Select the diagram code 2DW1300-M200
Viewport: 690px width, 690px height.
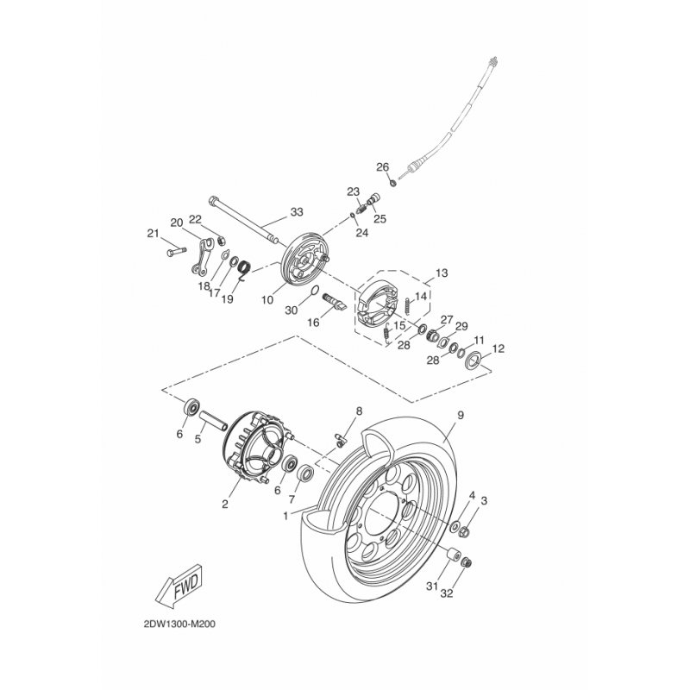(179, 624)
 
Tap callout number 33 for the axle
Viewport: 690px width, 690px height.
(297, 212)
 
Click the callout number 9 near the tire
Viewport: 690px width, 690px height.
(461, 415)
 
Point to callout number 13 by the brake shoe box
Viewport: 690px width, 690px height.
(442, 273)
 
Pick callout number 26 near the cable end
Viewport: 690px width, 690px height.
(382, 167)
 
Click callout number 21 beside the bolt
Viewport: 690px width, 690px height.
(153, 234)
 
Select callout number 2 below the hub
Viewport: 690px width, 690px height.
(225, 505)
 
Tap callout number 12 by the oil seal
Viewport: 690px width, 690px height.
(499, 348)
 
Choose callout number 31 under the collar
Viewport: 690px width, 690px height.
(432, 586)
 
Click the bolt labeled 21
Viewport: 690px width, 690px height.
(177, 252)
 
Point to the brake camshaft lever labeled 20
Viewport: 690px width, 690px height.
(203, 256)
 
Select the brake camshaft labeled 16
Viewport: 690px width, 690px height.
(336, 301)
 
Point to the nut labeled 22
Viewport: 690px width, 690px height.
(222, 241)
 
